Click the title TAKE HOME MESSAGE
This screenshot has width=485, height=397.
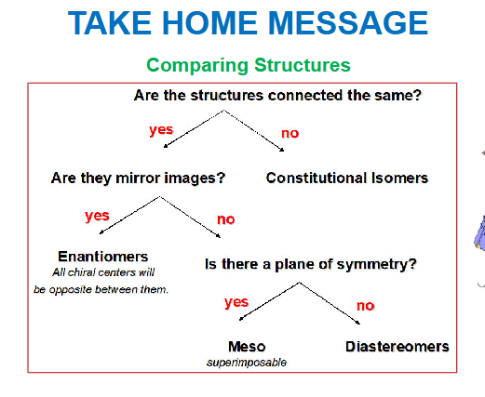[x=248, y=25]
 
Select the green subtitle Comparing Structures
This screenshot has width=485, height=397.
[x=248, y=65]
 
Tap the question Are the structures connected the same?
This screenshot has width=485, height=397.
[x=276, y=96]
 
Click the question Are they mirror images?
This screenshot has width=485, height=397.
[x=138, y=177]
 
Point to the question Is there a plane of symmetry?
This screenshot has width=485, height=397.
[x=310, y=263]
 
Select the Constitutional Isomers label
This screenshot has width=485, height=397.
[x=346, y=177]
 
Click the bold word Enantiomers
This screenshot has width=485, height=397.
[x=102, y=256]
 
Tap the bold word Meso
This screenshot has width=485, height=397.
[x=246, y=347]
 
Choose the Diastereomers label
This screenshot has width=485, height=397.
[x=397, y=347]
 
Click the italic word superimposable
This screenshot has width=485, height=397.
[x=246, y=363]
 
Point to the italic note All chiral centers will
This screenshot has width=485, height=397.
[x=102, y=272]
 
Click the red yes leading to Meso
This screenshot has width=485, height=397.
[x=236, y=302]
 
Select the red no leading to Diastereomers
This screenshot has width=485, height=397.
[x=365, y=305]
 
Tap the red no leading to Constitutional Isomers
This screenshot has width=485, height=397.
[x=290, y=133]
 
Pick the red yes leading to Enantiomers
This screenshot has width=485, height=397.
[x=97, y=216]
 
